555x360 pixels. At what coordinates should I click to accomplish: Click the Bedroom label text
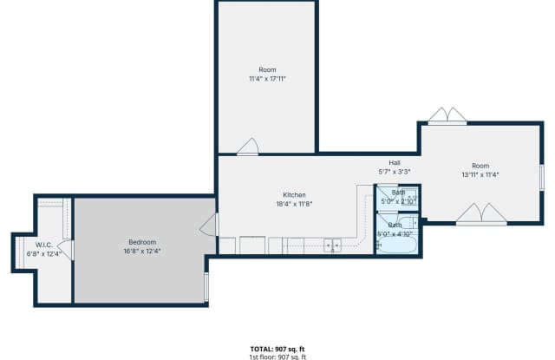142,242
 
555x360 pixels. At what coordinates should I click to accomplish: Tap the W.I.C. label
46,245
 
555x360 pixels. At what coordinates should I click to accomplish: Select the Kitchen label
294,195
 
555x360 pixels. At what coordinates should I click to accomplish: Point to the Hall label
394,163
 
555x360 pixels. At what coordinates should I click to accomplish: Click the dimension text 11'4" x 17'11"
267,78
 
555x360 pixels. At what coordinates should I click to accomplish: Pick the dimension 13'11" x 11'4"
480,174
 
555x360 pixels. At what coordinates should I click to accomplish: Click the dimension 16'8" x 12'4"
142,251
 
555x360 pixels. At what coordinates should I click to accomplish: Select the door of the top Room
247,147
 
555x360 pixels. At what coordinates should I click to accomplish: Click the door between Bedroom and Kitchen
208,227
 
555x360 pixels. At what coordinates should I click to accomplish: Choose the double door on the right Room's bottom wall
481,214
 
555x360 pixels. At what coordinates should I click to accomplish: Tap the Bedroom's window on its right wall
206,286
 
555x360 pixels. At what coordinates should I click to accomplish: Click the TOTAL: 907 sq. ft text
277,349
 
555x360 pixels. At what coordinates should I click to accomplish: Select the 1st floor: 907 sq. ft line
277,357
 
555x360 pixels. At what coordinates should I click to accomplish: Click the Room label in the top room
267,69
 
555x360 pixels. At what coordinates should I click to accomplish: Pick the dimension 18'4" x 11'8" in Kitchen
294,204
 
